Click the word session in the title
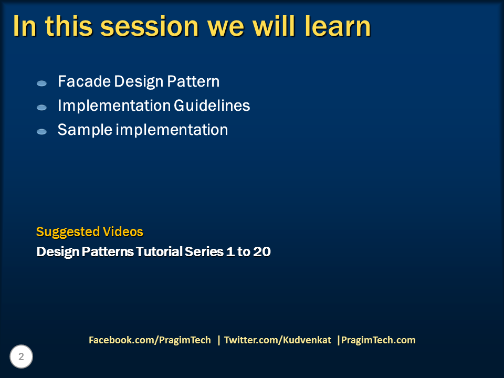pyautogui.click(x=150, y=27)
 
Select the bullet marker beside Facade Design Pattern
pyautogui.click(x=42, y=83)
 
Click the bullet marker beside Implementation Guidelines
pyautogui.click(x=42, y=107)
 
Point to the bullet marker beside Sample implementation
pyautogui.click(x=42, y=131)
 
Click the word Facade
pyautogui.click(x=84, y=81)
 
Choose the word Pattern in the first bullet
pyautogui.click(x=193, y=81)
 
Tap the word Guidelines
pyautogui.click(x=212, y=106)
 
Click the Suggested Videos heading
pyautogui.click(x=90, y=232)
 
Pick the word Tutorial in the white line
pyautogui.click(x=159, y=251)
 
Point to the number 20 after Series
pyautogui.click(x=262, y=251)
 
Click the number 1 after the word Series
pyautogui.click(x=230, y=251)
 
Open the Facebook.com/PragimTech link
pyautogui.click(x=150, y=340)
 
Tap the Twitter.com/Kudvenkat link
pyautogui.click(x=277, y=340)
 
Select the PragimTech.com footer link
pyautogui.click(x=379, y=340)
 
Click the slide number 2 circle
pyautogui.click(x=21, y=356)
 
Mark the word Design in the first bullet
pyautogui.click(x=139, y=82)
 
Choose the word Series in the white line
pyautogui.click(x=204, y=251)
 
